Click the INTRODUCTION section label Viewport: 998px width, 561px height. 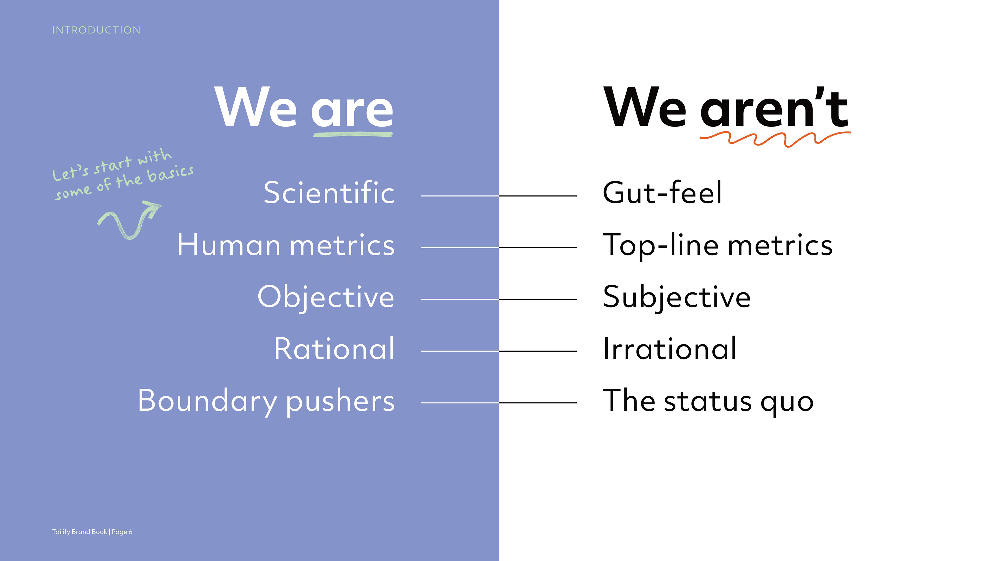coord(96,30)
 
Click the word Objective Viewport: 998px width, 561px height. coord(326,297)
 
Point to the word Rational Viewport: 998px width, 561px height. coord(334,349)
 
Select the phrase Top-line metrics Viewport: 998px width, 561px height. coord(718,245)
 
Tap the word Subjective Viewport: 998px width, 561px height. coord(677,297)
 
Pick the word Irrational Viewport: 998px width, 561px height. coord(670,349)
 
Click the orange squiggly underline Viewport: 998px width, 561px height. coord(775,139)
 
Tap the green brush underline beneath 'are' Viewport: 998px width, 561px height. coord(353,134)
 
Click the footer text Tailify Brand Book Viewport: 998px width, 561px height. coord(80,532)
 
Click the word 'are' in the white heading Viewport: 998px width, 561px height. coord(352,111)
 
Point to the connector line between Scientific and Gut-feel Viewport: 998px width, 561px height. coord(499,196)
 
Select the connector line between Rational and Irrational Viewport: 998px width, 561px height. coord(499,351)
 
